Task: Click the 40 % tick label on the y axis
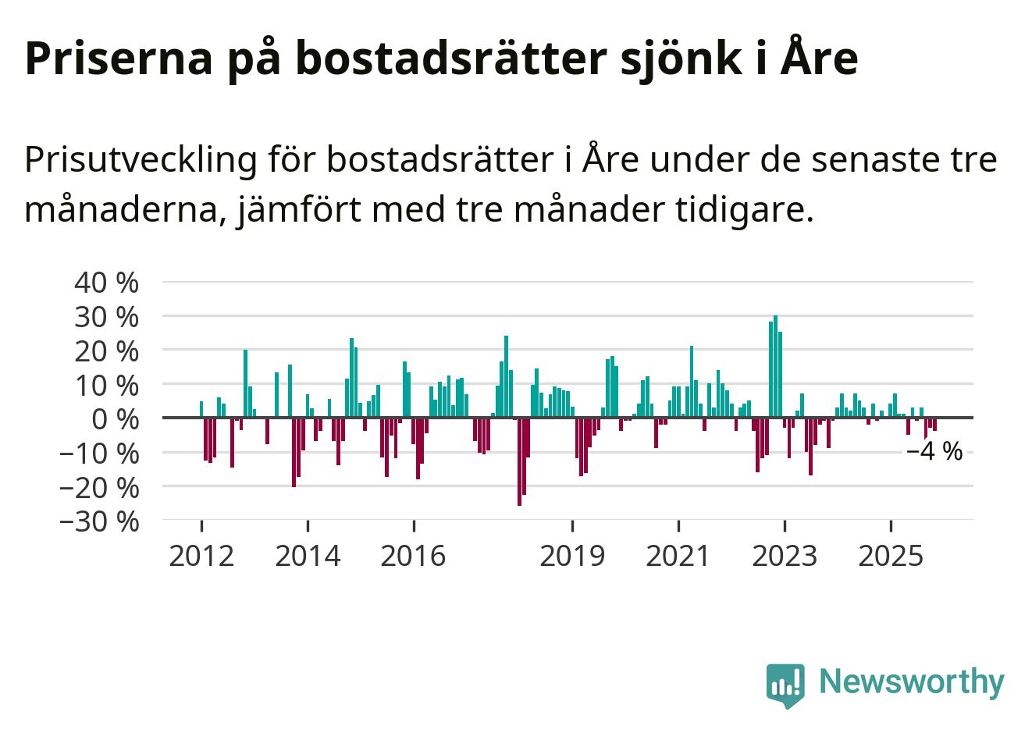106,283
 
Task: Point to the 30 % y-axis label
106,317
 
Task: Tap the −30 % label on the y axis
99,521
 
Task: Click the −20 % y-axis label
99,487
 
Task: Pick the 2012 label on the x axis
201,556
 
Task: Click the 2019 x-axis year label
572,556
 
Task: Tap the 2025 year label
891,556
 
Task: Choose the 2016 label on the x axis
414,556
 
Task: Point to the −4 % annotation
934,452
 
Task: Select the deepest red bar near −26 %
519,461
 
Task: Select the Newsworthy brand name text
912,681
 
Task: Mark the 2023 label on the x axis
785,556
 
